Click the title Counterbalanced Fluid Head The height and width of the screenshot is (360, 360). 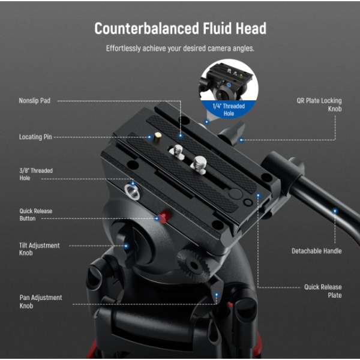180,28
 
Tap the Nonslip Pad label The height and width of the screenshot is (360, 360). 35,101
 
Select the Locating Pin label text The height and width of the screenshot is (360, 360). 35,137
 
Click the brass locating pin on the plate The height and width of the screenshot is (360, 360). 157,137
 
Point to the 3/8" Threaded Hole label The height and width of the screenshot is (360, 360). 36,174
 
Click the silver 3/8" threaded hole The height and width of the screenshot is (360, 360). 132,191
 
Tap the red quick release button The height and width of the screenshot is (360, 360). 164,216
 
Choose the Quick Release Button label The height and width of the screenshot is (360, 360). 36,215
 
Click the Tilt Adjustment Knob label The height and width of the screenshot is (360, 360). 39,249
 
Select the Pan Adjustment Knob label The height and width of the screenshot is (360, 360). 41,301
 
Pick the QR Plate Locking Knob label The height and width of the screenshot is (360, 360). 319,104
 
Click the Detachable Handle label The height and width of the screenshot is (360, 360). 317,251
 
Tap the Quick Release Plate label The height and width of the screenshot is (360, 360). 323,291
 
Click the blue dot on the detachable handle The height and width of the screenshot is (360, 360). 335,211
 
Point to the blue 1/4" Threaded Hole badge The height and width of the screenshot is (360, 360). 229,110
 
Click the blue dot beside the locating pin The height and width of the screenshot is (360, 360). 149,137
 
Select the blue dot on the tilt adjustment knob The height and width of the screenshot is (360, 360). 126,246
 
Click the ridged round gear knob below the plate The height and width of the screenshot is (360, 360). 194,265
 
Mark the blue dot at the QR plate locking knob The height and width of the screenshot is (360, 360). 241,140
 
